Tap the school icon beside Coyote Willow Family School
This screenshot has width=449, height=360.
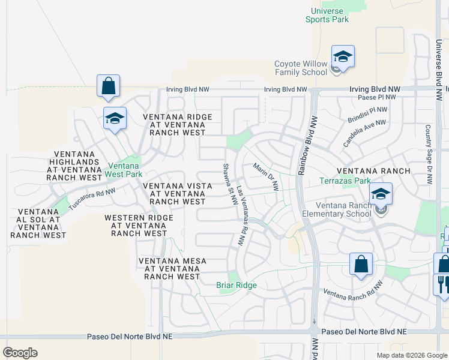343,57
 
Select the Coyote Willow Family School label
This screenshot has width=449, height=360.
301,68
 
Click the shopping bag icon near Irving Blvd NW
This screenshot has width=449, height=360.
108,86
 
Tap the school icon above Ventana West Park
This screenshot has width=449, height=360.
115,119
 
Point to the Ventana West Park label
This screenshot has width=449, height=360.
122,170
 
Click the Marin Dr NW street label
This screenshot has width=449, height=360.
266,176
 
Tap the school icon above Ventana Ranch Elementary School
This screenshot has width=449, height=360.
381,194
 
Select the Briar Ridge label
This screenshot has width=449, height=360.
237,286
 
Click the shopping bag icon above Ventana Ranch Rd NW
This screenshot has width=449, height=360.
361,264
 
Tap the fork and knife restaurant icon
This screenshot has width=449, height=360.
441,284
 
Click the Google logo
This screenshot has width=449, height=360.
20,353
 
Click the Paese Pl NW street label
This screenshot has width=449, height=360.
377,97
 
